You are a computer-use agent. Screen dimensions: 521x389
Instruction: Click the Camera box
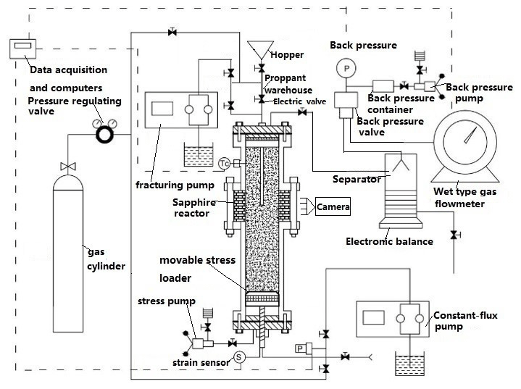(x=333, y=206)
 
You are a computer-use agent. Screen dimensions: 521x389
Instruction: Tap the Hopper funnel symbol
(x=261, y=50)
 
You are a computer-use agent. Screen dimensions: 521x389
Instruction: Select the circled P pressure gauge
(x=346, y=68)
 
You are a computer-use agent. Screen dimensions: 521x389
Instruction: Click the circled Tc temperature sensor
(x=225, y=164)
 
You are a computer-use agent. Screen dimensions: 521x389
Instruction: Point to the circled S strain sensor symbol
(x=239, y=357)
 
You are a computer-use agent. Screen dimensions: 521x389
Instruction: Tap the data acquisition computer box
(x=22, y=49)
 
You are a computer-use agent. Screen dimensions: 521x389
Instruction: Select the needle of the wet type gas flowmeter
(x=470, y=135)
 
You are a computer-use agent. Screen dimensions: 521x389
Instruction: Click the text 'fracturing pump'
(x=175, y=185)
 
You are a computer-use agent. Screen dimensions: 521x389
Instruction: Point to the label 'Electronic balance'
(x=389, y=241)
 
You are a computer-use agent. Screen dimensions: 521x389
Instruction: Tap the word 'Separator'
(x=357, y=180)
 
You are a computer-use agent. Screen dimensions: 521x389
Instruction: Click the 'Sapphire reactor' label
(x=193, y=208)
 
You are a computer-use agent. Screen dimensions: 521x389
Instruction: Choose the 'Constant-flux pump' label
(x=465, y=321)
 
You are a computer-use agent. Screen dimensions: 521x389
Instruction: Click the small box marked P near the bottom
(x=300, y=348)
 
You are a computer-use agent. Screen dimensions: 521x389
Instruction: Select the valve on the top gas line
(x=172, y=32)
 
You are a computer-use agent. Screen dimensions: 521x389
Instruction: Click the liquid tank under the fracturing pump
(x=199, y=155)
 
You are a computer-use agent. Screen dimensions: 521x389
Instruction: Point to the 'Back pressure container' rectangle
(x=383, y=86)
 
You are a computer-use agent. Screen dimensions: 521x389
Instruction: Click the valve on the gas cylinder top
(x=68, y=166)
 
